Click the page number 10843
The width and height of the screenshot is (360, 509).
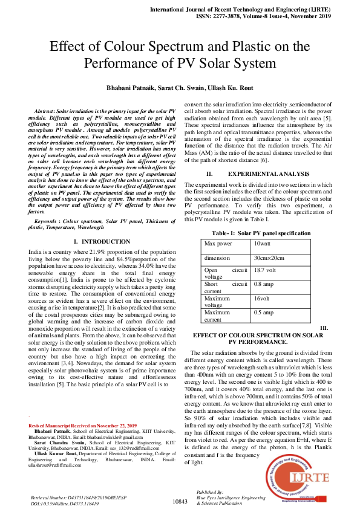181,502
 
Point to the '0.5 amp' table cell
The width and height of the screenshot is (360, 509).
263,313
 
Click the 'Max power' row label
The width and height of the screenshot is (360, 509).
218,244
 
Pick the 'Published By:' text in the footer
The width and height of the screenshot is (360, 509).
210,493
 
